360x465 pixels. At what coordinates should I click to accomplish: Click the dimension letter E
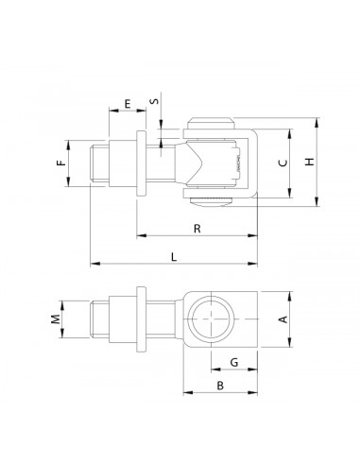[x=128, y=104]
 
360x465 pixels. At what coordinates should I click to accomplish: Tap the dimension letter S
[x=154, y=101]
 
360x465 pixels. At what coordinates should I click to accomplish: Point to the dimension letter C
[x=283, y=163]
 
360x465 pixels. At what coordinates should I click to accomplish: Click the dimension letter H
[x=310, y=162]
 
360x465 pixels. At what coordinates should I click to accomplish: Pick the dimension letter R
[x=197, y=229]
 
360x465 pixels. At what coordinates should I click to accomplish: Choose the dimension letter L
[x=174, y=257]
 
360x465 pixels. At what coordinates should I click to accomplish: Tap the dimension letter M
[x=56, y=319]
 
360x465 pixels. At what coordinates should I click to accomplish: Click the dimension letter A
[x=283, y=319]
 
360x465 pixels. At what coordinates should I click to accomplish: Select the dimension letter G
[x=234, y=363]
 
